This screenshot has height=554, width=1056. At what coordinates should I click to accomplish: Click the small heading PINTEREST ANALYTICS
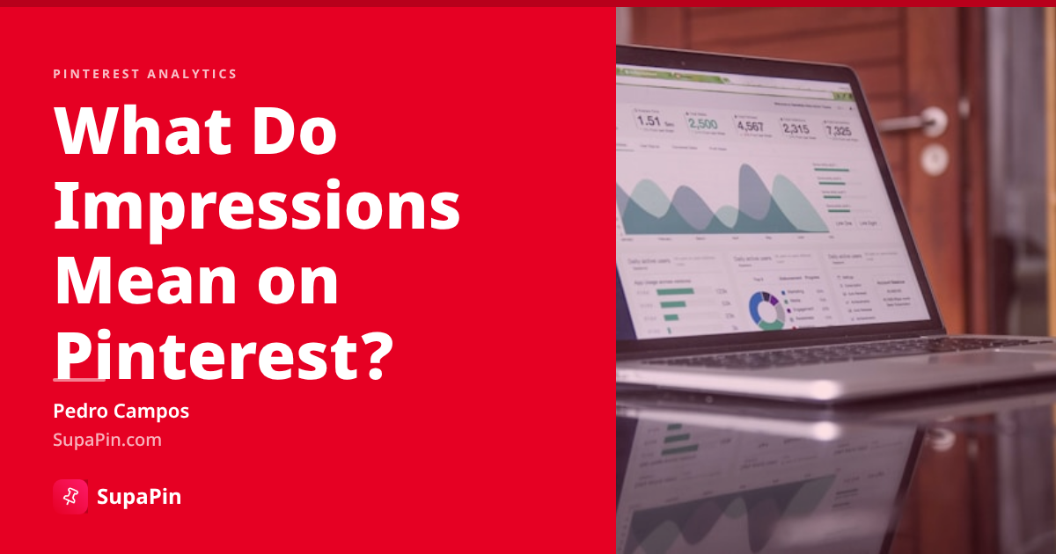[145, 74]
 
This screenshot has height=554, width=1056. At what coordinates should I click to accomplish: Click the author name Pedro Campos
[121, 411]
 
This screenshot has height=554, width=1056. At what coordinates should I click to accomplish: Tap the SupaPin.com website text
[107, 440]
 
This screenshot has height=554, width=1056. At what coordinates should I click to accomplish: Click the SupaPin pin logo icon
[70, 497]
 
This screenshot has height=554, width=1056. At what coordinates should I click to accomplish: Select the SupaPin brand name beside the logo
[139, 497]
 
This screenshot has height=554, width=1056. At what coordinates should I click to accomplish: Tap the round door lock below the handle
[933, 158]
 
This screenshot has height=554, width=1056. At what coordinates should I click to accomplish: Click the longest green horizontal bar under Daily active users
[676, 291]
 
